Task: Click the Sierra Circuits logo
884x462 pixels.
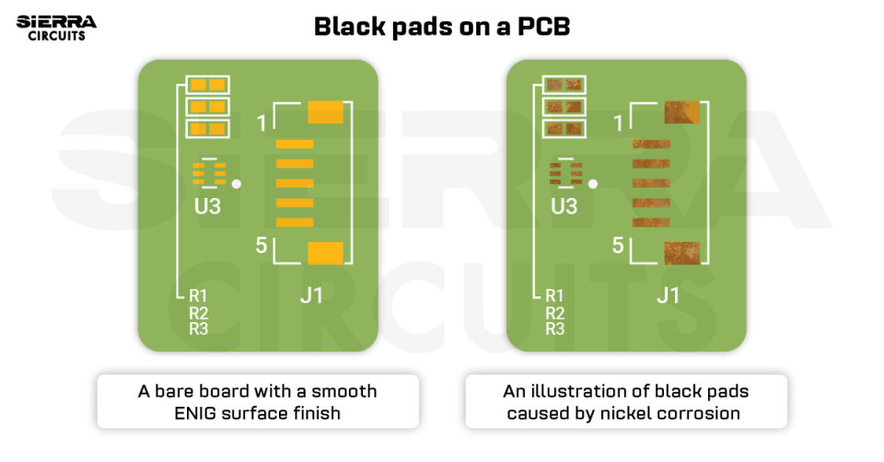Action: click(56, 28)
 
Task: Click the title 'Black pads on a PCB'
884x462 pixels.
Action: click(442, 27)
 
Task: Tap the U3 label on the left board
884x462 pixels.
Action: click(207, 206)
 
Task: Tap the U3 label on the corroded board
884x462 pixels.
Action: click(564, 206)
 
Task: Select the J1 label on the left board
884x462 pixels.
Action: click(312, 295)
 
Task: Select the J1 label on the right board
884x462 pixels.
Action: click(668, 295)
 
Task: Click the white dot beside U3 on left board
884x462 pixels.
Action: click(237, 184)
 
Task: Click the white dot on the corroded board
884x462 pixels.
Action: click(593, 184)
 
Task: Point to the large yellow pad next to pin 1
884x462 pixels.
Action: click(325, 112)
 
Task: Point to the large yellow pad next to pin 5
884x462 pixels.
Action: click(325, 253)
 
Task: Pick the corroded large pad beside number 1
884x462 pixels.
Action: click(681, 112)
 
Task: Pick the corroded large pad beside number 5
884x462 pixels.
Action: click(681, 253)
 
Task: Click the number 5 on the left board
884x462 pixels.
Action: click(262, 246)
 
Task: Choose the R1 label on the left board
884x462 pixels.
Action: click(198, 296)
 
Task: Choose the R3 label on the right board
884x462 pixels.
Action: click(554, 329)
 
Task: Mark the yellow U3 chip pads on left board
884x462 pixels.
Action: click(208, 172)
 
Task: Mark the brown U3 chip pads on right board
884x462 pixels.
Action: click(564, 172)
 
